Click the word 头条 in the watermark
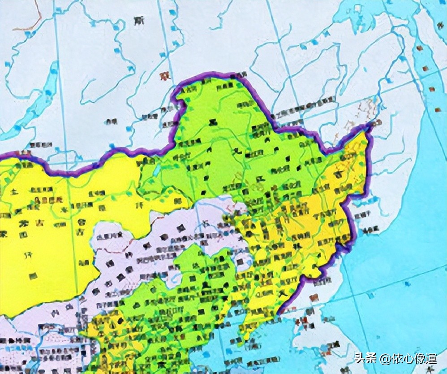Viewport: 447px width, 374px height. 365,358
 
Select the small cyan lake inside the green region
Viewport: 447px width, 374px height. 156,170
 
